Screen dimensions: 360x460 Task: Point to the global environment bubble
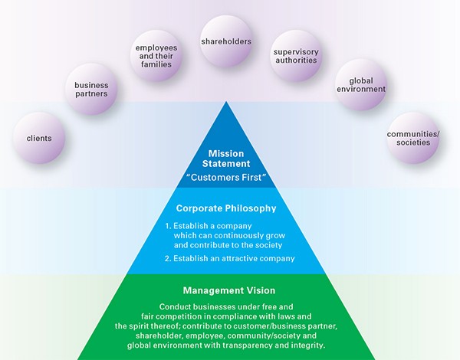pos(360,85)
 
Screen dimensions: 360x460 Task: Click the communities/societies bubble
pos(414,139)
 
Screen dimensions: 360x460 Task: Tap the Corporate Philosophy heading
pos(229,208)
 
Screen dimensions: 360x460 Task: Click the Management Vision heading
pos(229,291)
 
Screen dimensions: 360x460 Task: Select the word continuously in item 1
pos(244,236)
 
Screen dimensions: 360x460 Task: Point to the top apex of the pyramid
pos(230,99)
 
